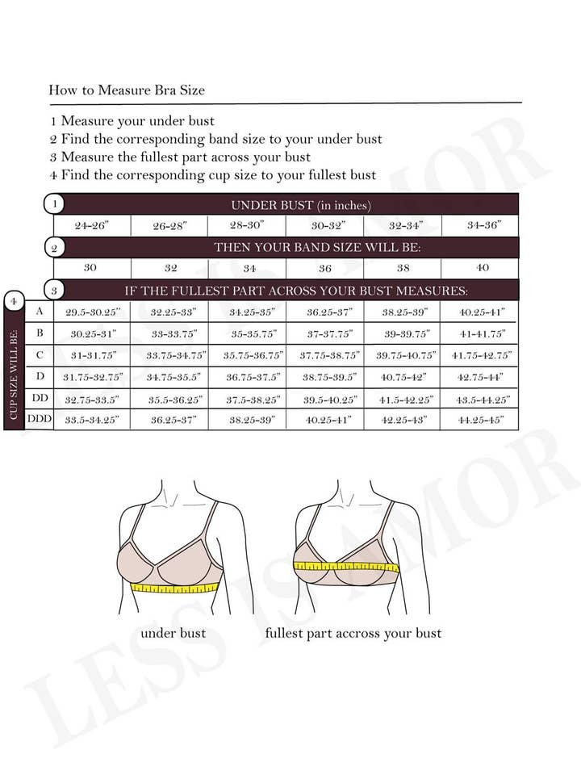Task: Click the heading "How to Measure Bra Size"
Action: coord(127,90)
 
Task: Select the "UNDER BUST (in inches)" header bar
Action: coord(300,205)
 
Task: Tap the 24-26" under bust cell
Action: coord(91,226)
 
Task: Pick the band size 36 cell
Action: coord(325,268)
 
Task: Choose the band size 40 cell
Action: coord(481,268)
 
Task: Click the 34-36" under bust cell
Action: coord(481,226)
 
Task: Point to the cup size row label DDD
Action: coord(40,419)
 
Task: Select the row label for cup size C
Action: coord(40,354)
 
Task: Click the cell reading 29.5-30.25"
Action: coord(91,312)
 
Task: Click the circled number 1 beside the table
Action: coord(54,204)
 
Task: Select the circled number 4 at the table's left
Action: coord(13,301)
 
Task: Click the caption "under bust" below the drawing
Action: coord(173,633)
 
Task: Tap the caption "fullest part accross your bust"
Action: coord(353,633)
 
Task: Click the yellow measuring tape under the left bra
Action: coord(176,588)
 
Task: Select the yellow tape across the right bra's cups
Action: coord(346,567)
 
